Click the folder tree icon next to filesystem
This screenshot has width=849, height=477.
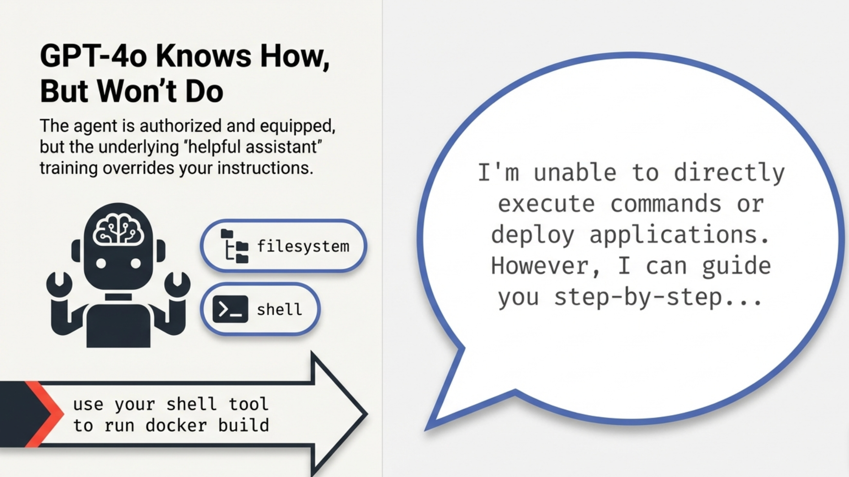click(x=234, y=246)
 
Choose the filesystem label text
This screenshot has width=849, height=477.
click(x=303, y=246)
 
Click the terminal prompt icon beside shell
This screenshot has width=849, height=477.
click(x=230, y=309)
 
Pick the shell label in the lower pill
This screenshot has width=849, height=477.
click(x=279, y=309)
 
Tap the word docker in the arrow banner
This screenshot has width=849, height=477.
click(x=176, y=425)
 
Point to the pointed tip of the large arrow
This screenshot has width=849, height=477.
click(x=366, y=414)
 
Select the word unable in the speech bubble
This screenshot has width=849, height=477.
click(x=574, y=173)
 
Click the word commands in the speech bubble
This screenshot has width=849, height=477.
click(x=666, y=204)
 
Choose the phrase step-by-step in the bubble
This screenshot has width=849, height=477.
click(x=638, y=297)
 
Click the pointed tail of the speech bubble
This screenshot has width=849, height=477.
click(x=427, y=429)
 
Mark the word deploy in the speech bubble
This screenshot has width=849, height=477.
click(x=533, y=236)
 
